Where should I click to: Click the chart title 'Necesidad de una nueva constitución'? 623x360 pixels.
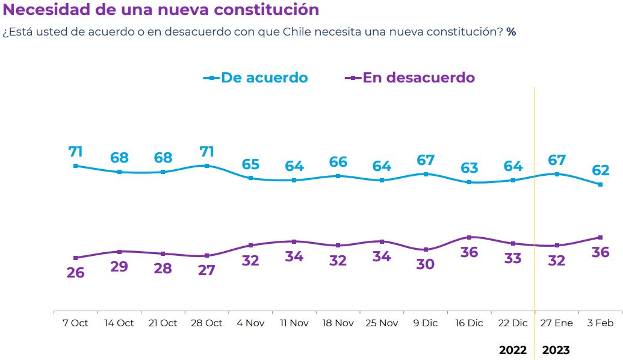pos(161,10)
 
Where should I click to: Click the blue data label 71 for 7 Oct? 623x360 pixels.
pos(75,151)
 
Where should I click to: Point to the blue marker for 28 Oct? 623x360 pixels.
pos(206,166)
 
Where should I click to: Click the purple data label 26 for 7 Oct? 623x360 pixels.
pos(75,272)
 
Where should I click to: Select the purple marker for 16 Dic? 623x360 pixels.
pos(469,237)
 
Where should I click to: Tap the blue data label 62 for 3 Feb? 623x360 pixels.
pos(600,170)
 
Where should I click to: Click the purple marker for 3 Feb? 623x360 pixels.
pos(600,237)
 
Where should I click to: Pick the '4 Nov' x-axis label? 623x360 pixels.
pos(250,323)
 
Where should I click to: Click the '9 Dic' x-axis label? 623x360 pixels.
pos(425,323)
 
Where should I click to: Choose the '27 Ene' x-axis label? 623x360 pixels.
pos(556,323)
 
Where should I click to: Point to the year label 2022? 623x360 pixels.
pos(513,350)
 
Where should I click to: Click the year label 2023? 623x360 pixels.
pos(556,350)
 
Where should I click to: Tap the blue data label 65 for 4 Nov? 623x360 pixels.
pos(250,164)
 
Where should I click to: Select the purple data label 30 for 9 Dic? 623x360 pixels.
pos(425,264)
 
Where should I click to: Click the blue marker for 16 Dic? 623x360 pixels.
pos(469,182)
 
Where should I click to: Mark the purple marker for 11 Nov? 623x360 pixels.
pos(294,241)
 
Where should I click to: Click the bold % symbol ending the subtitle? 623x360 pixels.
pos(511,32)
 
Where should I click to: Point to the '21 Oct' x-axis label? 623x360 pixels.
pos(163,323)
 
